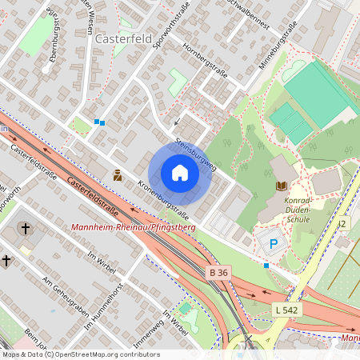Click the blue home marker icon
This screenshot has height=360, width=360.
coord(180,173)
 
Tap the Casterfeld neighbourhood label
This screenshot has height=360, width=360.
coord(123,38)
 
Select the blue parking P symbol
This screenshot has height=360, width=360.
coord(273,243)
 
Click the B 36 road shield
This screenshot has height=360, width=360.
coord(218,273)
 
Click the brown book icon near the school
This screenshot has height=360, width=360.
coord(281,186)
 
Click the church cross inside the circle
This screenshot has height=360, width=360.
coord(25,229)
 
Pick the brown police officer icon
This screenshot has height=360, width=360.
coord(118,174)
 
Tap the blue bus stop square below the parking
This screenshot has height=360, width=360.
coord(266,265)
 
